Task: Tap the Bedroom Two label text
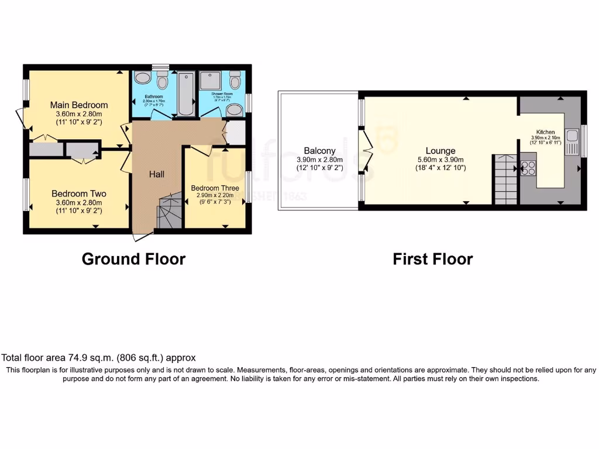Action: tap(79, 194)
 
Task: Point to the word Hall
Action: tap(156, 174)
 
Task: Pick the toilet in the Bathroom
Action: tap(162, 81)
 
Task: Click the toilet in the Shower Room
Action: tap(235, 80)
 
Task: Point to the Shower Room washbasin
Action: tap(235, 109)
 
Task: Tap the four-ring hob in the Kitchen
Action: tap(529, 168)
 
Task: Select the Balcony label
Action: tap(320, 150)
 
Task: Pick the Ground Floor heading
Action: tap(133, 259)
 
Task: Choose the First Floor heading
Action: tap(433, 259)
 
